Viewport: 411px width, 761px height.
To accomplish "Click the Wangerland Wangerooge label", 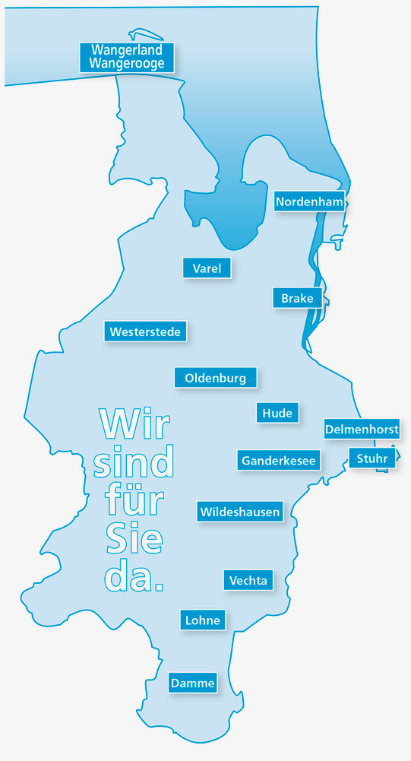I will point(127,57).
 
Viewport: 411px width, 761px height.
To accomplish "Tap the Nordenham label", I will point(309,201).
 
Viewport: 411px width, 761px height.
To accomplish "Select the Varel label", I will point(207,268).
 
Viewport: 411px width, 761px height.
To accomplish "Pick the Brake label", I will point(297,298).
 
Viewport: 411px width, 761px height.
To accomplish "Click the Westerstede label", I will point(145,331).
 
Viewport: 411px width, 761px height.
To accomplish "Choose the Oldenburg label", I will point(215,377).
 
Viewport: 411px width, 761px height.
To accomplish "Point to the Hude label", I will point(277,413).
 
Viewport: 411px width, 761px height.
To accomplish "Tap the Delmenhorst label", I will point(362,430).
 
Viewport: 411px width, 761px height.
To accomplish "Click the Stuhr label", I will point(372,458).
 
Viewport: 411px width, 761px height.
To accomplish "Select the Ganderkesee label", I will point(279,461).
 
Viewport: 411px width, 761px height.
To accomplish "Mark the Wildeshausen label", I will point(240,512).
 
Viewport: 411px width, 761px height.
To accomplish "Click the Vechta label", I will point(248,580).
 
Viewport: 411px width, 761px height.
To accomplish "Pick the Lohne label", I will point(203,620).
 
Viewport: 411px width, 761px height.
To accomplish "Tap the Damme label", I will point(192,683).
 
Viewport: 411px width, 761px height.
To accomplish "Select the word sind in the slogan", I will point(134,463).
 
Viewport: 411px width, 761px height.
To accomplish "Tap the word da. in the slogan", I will point(133,578).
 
